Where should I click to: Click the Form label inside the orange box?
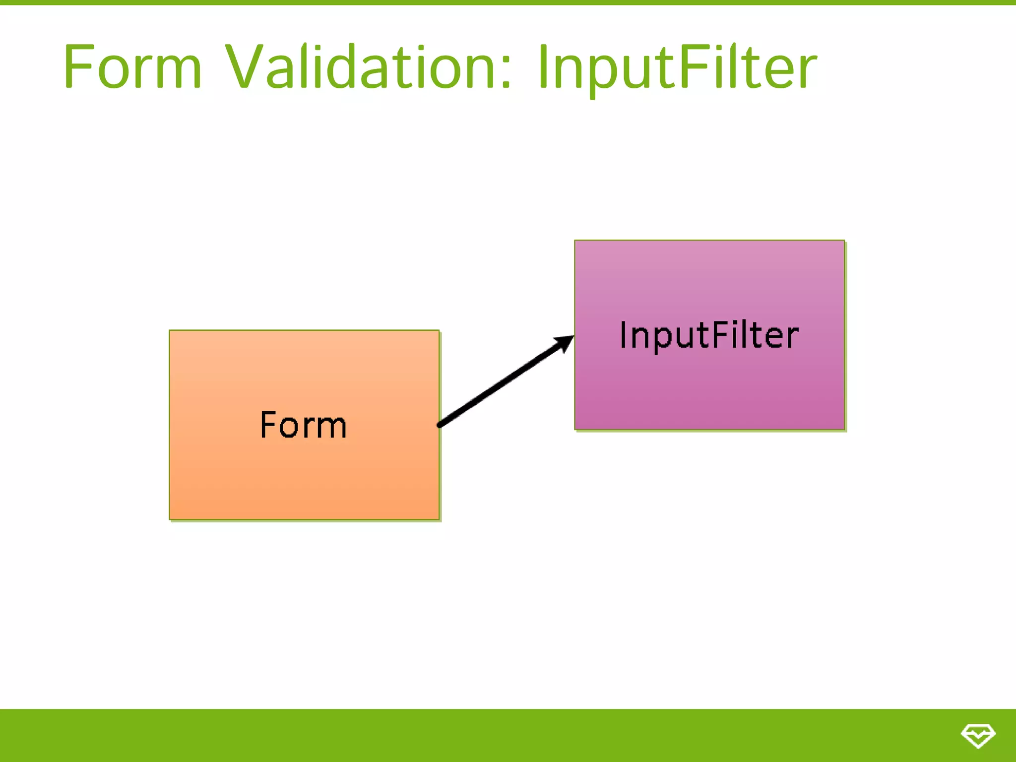pos(304,425)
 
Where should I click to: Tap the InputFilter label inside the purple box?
pos(709,335)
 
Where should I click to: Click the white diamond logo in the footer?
pos(978,735)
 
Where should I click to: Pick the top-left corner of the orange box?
pos(170,330)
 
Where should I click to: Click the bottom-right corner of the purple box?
pos(844,429)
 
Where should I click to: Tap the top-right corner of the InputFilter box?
pos(844,241)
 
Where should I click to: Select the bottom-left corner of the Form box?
pos(170,519)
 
